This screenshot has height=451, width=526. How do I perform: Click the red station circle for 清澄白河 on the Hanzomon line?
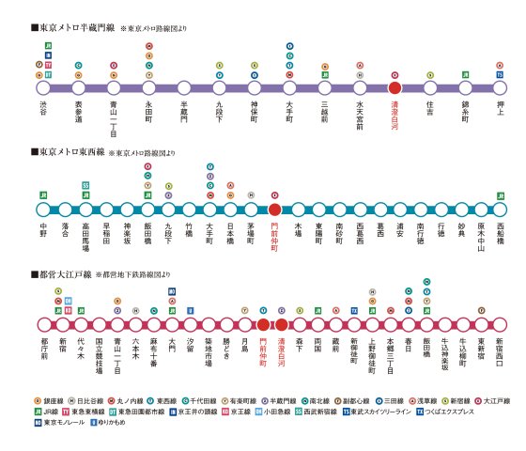tap(394, 87)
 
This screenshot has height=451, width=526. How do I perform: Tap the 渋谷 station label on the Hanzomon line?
tap(43, 111)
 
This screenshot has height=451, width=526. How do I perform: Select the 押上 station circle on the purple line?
tap(500, 87)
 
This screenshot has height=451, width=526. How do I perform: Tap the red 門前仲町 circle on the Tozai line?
tap(274, 210)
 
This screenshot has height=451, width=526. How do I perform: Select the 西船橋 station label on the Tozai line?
tap(500, 235)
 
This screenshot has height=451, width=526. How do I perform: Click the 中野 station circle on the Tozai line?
tap(43, 210)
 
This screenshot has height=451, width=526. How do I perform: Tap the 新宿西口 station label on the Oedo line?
tap(500, 351)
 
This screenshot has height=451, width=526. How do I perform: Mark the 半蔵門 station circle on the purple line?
tap(183, 87)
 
